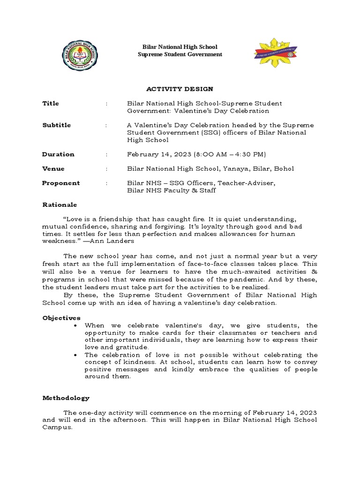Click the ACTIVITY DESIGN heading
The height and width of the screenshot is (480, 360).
pyautogui.click(x=180, y=89)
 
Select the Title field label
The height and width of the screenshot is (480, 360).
pyautogui.click(x=51, y=103)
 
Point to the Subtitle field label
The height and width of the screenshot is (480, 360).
pyautogui.click(x=56, y=125)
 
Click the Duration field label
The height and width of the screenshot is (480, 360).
pyautogui.click(x=58, y=154)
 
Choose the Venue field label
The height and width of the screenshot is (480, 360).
pyautogui.click(x=53, y=169)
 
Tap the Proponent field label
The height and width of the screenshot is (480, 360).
pyautogui.click(x=61, y=183)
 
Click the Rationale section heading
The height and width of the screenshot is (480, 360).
pyautogui.click(x=60, y=205)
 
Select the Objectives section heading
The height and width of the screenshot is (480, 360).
pyautogui.click(x=61, y=318)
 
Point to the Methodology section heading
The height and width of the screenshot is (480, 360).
pyautogui.click(x=66, y=398)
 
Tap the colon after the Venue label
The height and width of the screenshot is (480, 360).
pyautogui.click(x=107, y=169)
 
